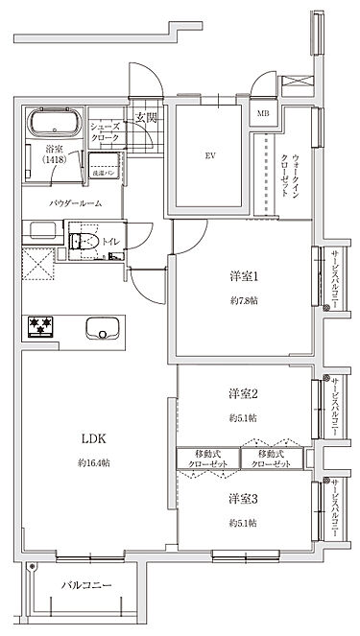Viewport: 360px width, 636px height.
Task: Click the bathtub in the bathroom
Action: pyautogui.click(x=55, y=122)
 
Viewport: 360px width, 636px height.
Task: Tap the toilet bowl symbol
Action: pyautogui.click(x=81, y=242)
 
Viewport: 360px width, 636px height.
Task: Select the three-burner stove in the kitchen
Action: pyautogui.click(x=41, y=327)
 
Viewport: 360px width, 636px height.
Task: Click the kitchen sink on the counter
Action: pyautogui.click(x=99, y=328)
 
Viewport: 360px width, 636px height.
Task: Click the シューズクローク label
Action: pyautogui.click(x=104, y=131)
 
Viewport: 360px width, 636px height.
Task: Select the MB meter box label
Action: pyautogui.click(x=262, y=114)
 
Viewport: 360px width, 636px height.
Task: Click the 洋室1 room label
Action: pyautogui.click(x=244, y=278)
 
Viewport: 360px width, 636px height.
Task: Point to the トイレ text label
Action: pyautogui.click(x=110, y=244)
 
